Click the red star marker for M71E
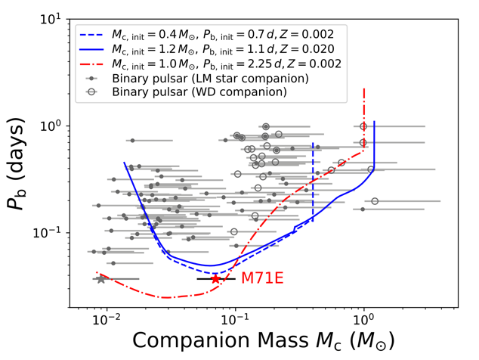coord(215,279)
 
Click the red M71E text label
coord(261,279)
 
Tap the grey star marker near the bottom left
coord(102,279)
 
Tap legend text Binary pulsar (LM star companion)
coord(209,78)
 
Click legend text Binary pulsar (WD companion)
coord(199,92)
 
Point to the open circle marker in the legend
coord(91,92)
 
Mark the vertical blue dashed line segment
coord(313,182)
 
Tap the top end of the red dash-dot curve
coord(363,89)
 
